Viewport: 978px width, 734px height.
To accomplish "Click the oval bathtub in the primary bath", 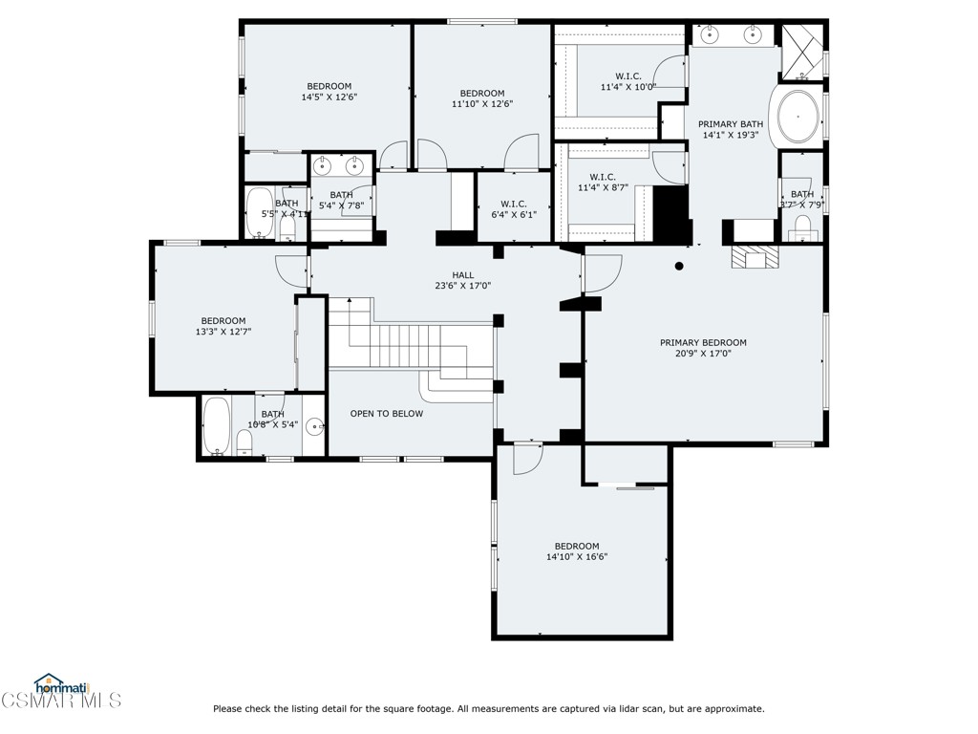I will (798, 116).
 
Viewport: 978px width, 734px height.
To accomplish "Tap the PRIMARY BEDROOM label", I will (703, 342).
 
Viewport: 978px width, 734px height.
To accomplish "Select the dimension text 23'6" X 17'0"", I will (465, 285).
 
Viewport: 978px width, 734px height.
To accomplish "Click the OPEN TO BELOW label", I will (386, 414).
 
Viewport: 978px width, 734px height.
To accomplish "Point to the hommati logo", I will (60, 684).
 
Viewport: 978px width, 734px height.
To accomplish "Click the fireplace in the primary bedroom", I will (755, 256).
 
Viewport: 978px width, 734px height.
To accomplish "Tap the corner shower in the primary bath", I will (801, 51).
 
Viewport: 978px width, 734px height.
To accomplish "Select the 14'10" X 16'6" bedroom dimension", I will (577, 556).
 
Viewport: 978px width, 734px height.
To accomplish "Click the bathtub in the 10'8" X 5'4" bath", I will (216, 426).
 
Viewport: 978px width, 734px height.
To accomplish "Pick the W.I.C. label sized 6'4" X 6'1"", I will (513, 214).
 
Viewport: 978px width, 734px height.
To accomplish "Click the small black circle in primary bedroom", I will (679, 267).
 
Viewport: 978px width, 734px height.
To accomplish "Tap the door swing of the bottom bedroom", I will (526, 458).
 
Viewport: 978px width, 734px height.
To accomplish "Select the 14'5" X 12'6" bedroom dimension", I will (329, 97).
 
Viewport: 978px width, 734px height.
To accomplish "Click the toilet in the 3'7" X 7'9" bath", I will (802, 227).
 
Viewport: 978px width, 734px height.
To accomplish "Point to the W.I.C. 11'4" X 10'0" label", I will (627, 87).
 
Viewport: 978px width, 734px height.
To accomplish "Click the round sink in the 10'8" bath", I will (313, 429).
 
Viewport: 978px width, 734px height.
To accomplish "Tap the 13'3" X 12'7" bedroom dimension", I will (223, 332).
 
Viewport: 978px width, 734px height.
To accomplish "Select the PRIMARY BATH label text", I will (731, 124).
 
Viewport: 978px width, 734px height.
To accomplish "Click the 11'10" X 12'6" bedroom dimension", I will (482, 103).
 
